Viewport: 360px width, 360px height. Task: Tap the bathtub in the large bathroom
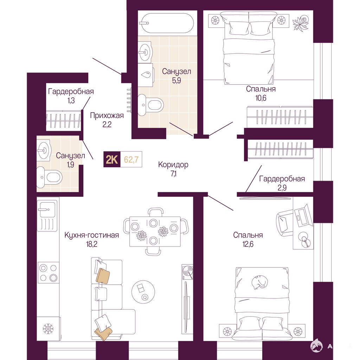click(x=167, y=23)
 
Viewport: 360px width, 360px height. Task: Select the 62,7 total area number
click(x=131, y=159)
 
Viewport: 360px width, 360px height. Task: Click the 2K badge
click(x=112, y=159)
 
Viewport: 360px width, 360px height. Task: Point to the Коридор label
click(x=173, y=165)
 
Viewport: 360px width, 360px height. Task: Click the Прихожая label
click(x=107, y=115)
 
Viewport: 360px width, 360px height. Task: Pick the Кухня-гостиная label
click(x=92, y=235)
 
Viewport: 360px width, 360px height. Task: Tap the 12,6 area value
click(x=248, y=244)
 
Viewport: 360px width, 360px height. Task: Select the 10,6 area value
click(x=261, y=98)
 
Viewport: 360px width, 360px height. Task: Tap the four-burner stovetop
click(x=48, y=273)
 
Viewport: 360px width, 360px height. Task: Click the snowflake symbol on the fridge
click(x=48, y=329)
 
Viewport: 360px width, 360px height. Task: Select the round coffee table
click(x=143, y=292)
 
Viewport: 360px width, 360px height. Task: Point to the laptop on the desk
click(x=303, y=216)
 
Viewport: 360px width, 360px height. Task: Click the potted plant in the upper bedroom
click(x=301, y=23)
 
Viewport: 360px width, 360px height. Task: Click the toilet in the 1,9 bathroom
click(x=49, y=178)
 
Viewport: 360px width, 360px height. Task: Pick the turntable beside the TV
click(x=187, y=272)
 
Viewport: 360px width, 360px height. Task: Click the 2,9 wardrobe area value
click(x=282, y=188)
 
